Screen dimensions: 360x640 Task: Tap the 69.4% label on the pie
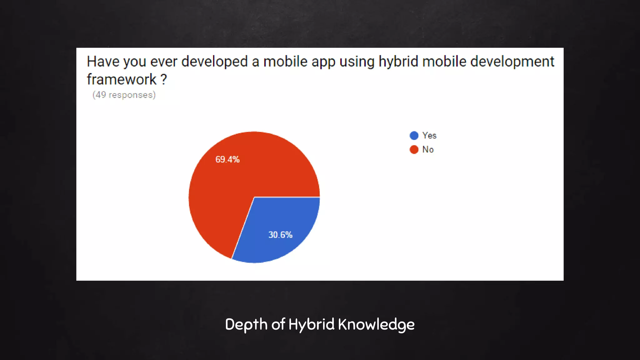click(227, 159)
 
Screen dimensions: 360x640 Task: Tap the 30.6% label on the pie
click(280, 235)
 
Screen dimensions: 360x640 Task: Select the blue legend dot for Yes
click(414, 135)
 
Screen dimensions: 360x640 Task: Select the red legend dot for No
click(414, 149)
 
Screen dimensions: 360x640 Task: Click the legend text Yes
click(429, 135)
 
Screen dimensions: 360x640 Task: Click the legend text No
click(428, 149)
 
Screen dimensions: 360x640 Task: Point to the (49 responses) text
click(124, 95)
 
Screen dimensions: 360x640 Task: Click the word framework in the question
click(122, 79)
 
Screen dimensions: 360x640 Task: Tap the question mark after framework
click(164, 79)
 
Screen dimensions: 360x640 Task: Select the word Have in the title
click(103, 62)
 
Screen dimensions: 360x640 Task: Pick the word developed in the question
click(214, 62)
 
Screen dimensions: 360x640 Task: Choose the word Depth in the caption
click(246, 324)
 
